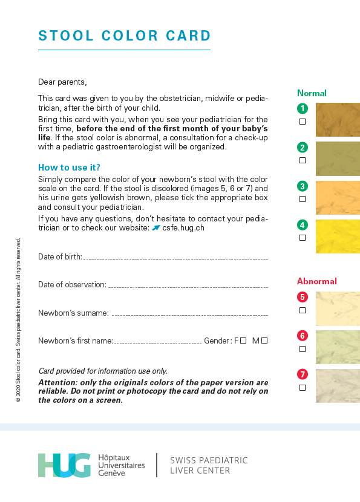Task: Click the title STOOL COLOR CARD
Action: coord(125,36)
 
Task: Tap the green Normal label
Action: coord(312,93)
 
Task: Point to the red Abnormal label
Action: coord(316,281)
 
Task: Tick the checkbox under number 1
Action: coord(303,122)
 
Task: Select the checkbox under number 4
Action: coord(303,238)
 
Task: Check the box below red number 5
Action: coord(303,310)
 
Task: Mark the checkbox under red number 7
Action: coord(303,388)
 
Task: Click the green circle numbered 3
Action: coord(303,186)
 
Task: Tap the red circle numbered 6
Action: coord(303,336)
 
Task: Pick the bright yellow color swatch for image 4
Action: coord(338,236)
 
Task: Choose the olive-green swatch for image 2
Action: coord(338,158)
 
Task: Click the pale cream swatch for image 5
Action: coord(338,309)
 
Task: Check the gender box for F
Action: coord(243,341)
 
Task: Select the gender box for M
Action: coord(264,341)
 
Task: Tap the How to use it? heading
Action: coord(69,168)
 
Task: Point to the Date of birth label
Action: coord(60,256)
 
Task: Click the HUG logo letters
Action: coord(64,465)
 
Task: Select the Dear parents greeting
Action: coord(62,82)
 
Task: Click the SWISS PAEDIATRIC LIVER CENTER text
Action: coord(209,465)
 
